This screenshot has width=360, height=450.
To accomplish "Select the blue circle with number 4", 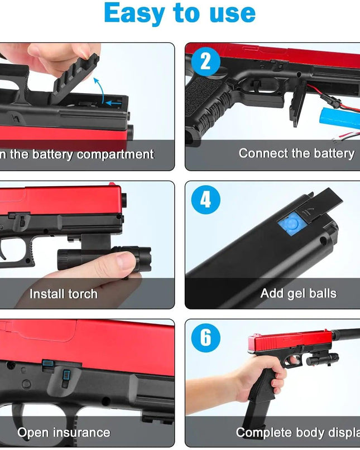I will point(205,200).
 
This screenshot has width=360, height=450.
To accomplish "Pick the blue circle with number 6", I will point(205,337).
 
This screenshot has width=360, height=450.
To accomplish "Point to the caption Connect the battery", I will point(296,153).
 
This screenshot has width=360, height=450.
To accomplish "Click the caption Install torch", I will point(63,294).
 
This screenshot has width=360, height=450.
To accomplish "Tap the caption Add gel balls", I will point(298,293).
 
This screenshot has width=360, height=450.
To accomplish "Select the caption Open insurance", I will point(63,432).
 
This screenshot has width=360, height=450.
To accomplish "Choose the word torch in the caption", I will point(80,294).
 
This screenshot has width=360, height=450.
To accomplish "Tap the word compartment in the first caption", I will point(115,154).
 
